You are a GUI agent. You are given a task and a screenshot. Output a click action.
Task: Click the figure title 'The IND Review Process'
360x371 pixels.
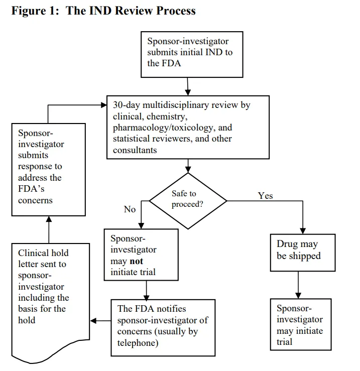tap(131, 11)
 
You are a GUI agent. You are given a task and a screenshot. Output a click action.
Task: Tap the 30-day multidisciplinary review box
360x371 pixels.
tap(189, 128)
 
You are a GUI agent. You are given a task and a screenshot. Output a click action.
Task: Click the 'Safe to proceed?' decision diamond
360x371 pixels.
tap(188, 199)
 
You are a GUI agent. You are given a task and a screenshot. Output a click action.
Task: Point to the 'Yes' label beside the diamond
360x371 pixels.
tap(265, 196)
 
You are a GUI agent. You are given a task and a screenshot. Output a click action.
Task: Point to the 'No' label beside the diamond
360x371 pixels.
tap(130, 209)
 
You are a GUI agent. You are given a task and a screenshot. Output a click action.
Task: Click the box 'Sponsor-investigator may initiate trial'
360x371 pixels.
tap(300, 325)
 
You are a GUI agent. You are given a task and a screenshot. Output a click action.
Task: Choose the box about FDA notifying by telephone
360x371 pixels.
tap(163, 326)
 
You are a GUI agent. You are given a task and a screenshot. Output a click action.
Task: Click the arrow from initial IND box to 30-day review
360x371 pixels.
tap(188, 86)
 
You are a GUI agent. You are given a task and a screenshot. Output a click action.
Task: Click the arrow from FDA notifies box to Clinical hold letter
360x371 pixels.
tap(100, 321)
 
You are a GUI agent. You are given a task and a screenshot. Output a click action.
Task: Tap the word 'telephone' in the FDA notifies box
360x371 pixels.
tap(139, 343)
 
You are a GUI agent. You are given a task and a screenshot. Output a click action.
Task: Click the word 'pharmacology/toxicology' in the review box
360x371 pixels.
tap(159, 128)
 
